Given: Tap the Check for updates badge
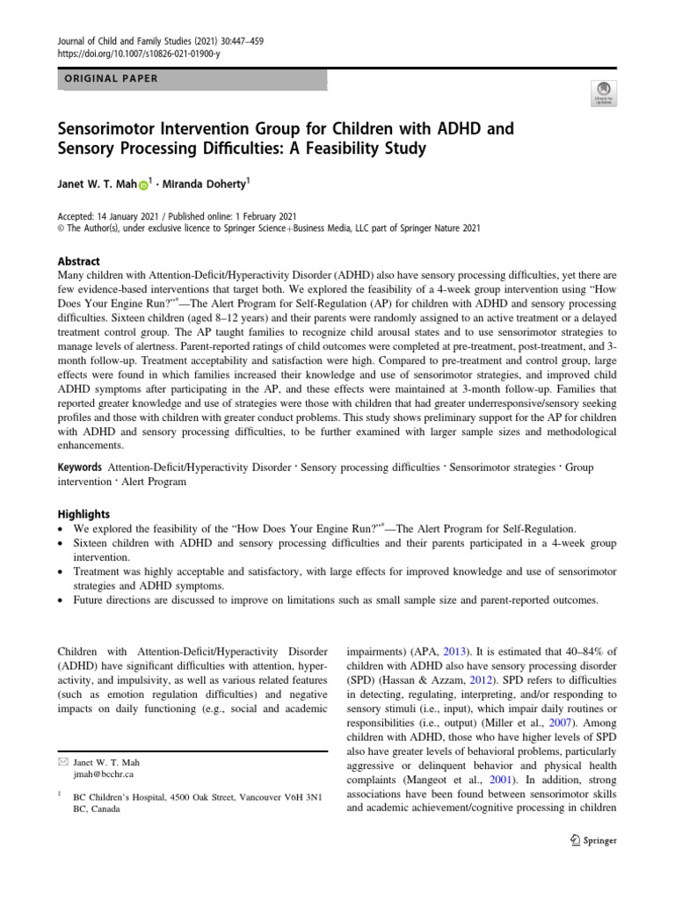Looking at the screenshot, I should [604, 92].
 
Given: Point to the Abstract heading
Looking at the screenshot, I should [78, 261].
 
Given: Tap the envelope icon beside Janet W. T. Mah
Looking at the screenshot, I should [62, 762].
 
